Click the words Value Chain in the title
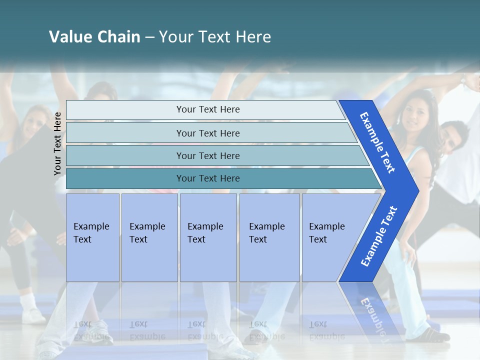click(94, 37)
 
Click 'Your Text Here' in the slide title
click(215, 37)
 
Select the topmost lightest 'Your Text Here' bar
click(208, 109)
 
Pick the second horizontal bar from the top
click(208, 133)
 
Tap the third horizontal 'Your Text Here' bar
click(208, 155)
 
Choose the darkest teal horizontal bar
click(208, 178)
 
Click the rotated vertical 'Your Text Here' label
click(58, 143)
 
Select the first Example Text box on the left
click(92, 237)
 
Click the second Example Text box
click(149, 237)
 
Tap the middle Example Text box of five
click(208, 237)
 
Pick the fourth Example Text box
click(269, 237)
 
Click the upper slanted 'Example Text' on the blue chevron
click(377, 142)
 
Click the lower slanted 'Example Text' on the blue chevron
click(379, 236)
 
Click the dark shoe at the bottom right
click(435, 335)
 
